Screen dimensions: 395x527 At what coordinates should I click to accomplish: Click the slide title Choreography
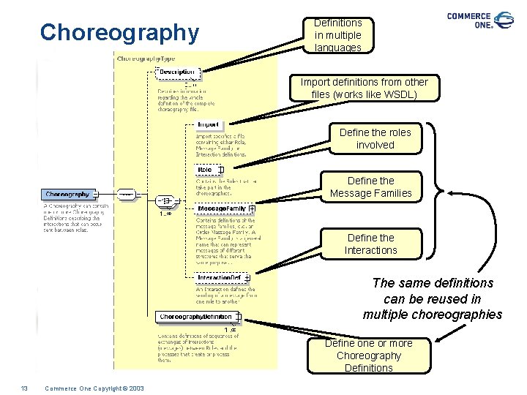[119, 32]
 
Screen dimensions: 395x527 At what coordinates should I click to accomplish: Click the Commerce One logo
[480, 19]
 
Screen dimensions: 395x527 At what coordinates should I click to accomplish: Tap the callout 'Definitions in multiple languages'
[337, 35]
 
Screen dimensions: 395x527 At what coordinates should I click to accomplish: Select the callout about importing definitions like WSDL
[364, 89]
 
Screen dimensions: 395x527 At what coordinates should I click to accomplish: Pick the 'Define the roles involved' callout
[375, 138]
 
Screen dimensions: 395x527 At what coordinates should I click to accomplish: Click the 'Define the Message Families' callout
[370, 187]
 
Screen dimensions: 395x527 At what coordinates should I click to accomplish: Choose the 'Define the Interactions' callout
[370, 244]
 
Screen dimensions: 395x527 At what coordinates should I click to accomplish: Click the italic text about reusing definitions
[432, 298]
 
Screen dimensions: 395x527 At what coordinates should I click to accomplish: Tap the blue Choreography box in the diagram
[68, 195]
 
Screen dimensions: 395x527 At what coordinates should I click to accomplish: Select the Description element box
[177, 72]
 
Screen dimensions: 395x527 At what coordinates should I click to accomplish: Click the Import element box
[208, 125]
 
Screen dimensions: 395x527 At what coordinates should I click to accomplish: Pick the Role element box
[206, 170]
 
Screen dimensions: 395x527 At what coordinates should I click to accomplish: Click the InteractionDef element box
[220, 278]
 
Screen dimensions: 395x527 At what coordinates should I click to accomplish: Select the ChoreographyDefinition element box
[196, 317]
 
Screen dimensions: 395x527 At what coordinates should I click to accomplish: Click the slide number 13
[24, 388]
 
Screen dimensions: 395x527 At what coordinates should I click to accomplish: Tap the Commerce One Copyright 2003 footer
[94, 388]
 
